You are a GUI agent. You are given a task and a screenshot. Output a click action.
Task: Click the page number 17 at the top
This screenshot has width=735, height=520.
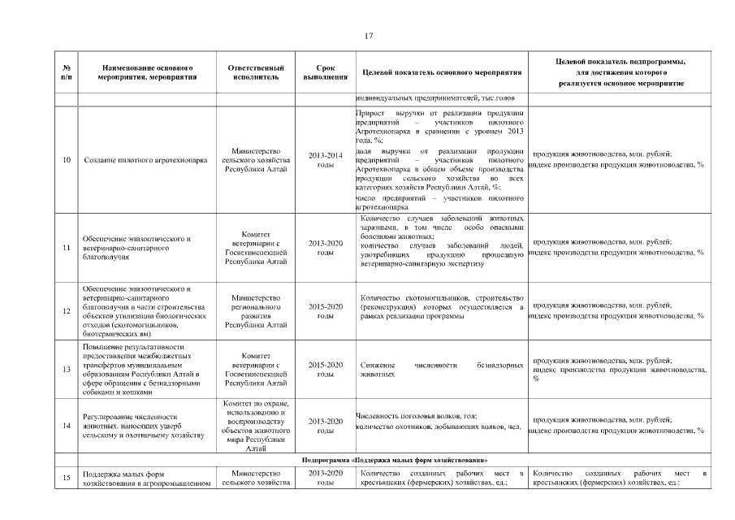[368, 36]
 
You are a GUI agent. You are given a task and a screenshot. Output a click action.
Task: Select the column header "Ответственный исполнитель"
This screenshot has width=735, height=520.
[256, 72]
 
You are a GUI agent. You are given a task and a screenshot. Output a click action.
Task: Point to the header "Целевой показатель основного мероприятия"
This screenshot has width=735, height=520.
[441, 73]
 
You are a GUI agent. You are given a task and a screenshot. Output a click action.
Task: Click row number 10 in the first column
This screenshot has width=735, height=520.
[66, 160]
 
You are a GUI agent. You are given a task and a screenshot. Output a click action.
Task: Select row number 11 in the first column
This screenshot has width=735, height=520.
[66, 247]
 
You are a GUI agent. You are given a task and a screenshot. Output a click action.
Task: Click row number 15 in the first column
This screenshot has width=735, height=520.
[66, 478]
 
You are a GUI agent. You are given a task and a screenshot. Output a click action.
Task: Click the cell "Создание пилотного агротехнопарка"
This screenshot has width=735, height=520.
[146, 160]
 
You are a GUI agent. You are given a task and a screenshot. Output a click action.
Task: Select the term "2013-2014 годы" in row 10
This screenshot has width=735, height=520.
[325, 160]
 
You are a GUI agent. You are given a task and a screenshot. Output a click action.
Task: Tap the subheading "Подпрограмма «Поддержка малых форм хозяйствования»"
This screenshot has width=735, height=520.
[394, 461]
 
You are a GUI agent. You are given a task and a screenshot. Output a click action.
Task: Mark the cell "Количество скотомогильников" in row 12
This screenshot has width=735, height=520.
[441, 306]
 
